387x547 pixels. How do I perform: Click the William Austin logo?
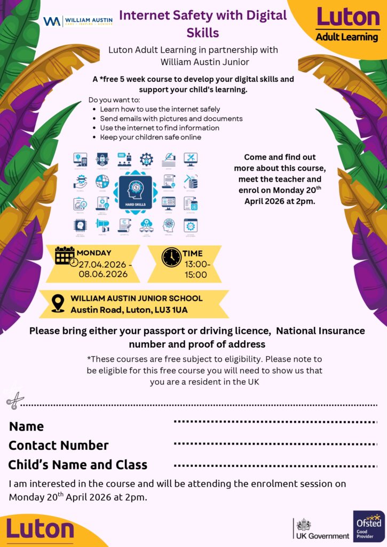coord(78,21)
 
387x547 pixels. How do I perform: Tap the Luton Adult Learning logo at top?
coord(347,24)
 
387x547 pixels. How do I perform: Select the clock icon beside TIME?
coord(171,257)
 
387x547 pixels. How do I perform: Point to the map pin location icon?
coord(58,303)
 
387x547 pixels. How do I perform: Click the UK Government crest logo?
coord(304,525)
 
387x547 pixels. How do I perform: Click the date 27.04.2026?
coord(102,264)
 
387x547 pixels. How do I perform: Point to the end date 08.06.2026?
coord(104,275)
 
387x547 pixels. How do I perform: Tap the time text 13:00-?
coord(196,264)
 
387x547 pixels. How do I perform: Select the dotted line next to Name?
coord(275,422)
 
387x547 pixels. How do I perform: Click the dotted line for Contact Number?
coord(275,444)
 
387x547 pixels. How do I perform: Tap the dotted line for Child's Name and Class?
coord(275,465)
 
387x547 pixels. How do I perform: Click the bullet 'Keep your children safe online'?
coord(151,137)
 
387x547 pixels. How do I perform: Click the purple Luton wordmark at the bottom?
coord(40,529)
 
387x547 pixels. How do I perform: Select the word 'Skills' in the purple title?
coord(203,32)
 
